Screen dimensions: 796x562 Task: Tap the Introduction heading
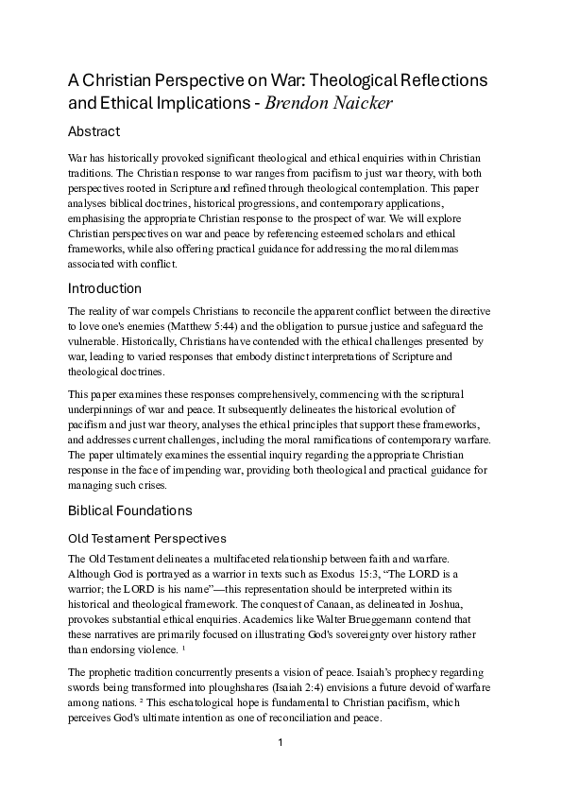click(x=105, y=288)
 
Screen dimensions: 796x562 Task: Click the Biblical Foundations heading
click(x=130, y=511)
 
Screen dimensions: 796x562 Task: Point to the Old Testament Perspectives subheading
click(x=146, y=538)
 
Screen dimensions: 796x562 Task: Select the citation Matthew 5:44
click(x=220, y=326)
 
